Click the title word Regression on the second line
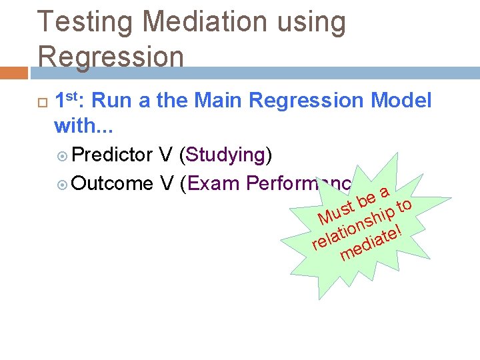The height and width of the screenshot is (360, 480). pyautogui.click(x=110, y=57)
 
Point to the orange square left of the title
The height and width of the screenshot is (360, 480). pyautogui.click(x=13, y=73)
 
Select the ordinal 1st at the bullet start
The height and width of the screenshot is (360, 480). pyautogui.click(x=67, y=101)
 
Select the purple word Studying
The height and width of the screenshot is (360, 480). pyautogui.click(x=226, y=155)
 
